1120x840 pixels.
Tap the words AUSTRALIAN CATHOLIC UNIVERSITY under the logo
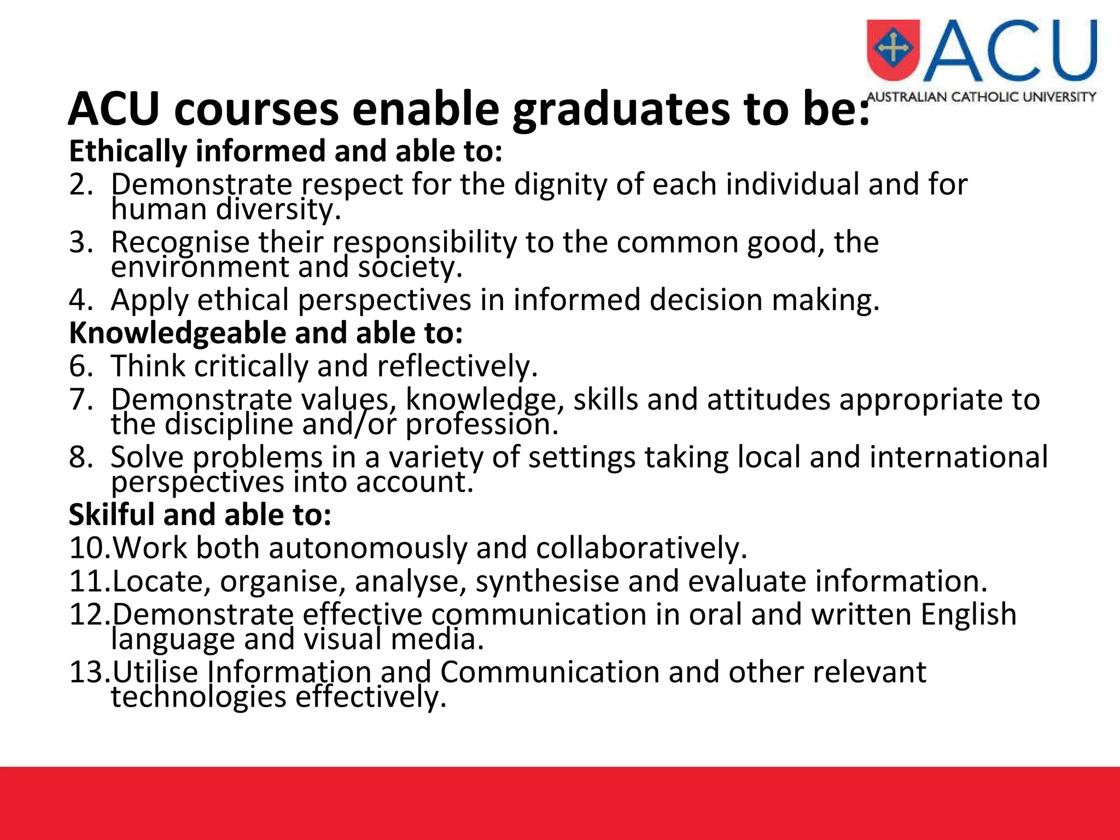(981, 97)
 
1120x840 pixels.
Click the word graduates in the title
(621, 109)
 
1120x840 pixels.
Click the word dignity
(560, 185)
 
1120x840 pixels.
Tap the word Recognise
(179, 242)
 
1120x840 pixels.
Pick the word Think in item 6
(148, 366)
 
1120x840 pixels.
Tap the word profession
(481, 424)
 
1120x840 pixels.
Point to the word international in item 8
(958, 457)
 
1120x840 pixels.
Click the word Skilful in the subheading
(112, 515)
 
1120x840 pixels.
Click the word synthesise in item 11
(547, 581)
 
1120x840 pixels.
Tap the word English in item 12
(968, 614)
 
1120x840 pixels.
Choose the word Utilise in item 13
(155, 672)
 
